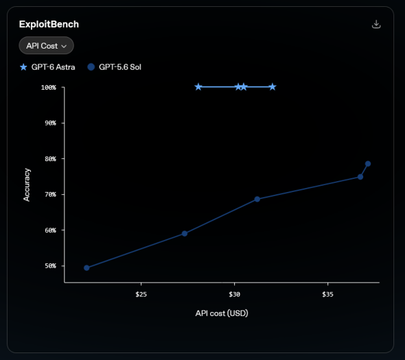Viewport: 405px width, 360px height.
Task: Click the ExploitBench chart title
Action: (49, 24)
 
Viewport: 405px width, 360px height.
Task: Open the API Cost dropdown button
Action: (47, 46)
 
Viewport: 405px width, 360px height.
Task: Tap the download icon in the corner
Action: (376, 24)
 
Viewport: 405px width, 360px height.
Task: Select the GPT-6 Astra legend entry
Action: (47, 67)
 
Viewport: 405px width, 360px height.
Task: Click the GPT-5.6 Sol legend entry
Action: (115, 67)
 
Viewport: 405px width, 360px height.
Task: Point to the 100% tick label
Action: (49, 88)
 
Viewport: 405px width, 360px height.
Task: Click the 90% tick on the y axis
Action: (50, 123)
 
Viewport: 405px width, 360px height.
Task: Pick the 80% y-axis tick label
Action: (50, 158)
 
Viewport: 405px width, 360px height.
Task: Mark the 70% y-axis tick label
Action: (50, 194)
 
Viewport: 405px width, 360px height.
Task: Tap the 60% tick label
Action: (50, 230)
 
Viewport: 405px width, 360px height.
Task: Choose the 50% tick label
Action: (50, 266)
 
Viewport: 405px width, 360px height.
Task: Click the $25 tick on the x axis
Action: (141, 294)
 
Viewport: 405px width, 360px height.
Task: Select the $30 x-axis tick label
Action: (235, 294)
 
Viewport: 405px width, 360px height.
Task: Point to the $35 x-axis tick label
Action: (327, 294)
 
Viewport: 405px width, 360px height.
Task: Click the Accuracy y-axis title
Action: (27, 184)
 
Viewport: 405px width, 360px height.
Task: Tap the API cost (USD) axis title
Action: (222, 313)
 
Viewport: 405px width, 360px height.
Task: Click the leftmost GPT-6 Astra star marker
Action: (198, 87)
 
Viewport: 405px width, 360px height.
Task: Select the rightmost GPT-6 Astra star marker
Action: (273, 87)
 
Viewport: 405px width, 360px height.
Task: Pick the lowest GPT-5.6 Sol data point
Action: (86, 268)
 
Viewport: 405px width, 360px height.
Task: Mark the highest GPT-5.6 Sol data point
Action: (368, 164)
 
